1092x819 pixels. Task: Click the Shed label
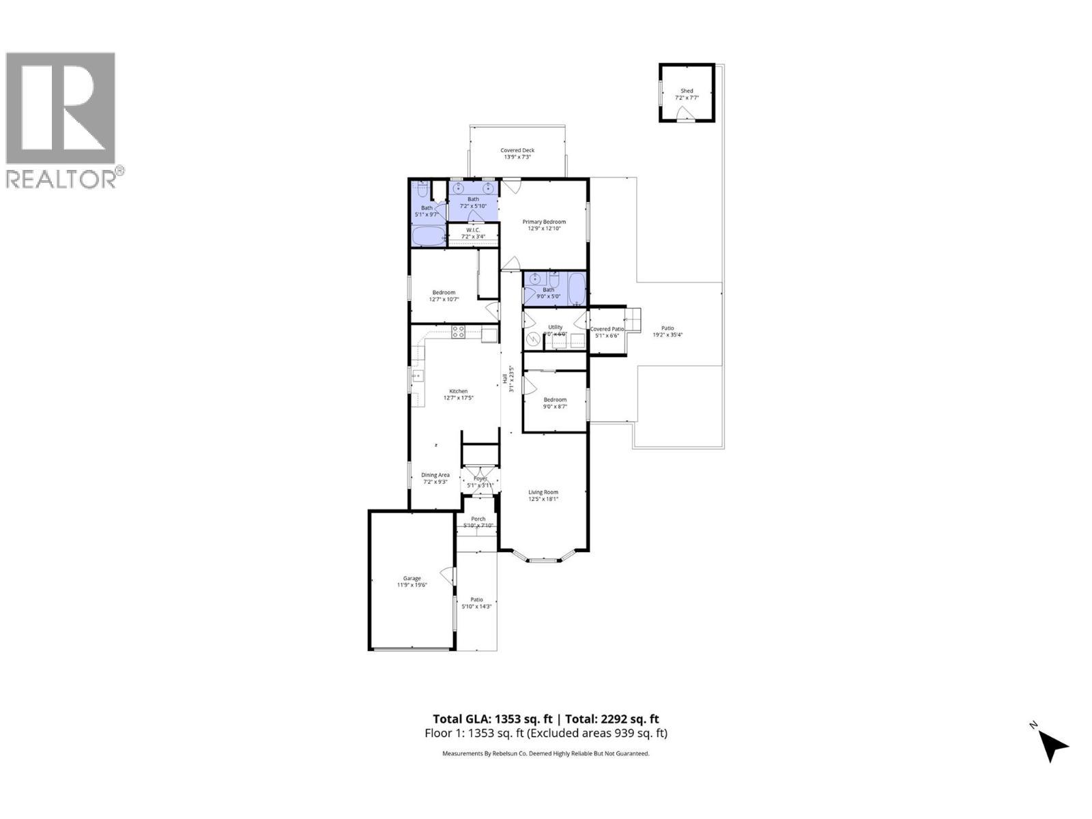click(x=687, y=91)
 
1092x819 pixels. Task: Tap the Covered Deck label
click(x=517, y=150)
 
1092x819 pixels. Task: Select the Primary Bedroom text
click(x=544, y=222)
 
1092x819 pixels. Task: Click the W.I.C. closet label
click(x=473, y=230)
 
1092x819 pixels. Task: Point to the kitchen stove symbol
click(x=459, y=332)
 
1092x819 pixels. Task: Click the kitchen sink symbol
click(x=417, y=375)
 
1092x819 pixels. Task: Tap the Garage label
click(x=412, y=578)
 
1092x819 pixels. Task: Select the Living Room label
click(x=543, y=492)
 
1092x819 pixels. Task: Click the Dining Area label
click(x=435, y=475)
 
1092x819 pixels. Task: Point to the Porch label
click(x=478, y=519)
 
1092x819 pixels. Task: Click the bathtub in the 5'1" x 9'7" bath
click(x=428, y=235)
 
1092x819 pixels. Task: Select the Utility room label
click(x=555, y=327)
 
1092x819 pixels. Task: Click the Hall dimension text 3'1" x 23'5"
click(x=511, y=379)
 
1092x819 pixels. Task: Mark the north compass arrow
click(x=1053, y=745)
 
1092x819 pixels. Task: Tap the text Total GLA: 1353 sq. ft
click(x=493, y=719)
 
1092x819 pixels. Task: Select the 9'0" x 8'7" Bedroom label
click(x=555, y=400)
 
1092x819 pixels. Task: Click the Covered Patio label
click(x=607, y=329)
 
